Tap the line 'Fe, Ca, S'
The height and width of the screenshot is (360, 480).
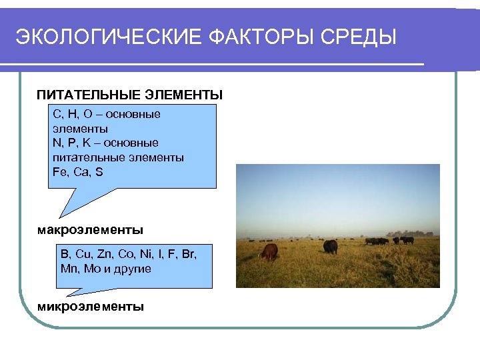point(77,171)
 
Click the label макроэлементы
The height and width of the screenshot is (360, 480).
point(90,230)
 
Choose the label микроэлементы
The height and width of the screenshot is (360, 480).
point(90,307)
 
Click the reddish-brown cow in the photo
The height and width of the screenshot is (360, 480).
point(269,252)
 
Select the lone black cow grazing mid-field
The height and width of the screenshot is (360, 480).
point(330,247)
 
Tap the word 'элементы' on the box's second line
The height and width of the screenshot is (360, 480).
point(80,129)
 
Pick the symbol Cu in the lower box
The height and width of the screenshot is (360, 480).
point(83,255)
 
